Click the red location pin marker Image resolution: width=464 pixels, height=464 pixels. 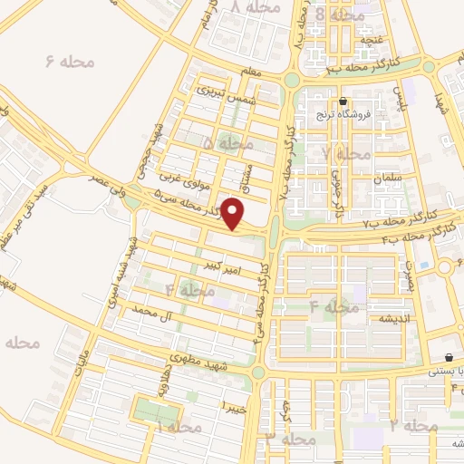tap(234, 215)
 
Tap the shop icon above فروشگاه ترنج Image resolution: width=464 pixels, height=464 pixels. tap(343, 101)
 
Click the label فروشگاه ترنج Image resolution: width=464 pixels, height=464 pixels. tap(344, 115)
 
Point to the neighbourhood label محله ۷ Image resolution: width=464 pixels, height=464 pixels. tap(345, 153)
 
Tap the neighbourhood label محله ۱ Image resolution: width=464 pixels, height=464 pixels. tap(177, 426)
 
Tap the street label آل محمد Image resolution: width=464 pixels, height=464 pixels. tap(150, 311)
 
